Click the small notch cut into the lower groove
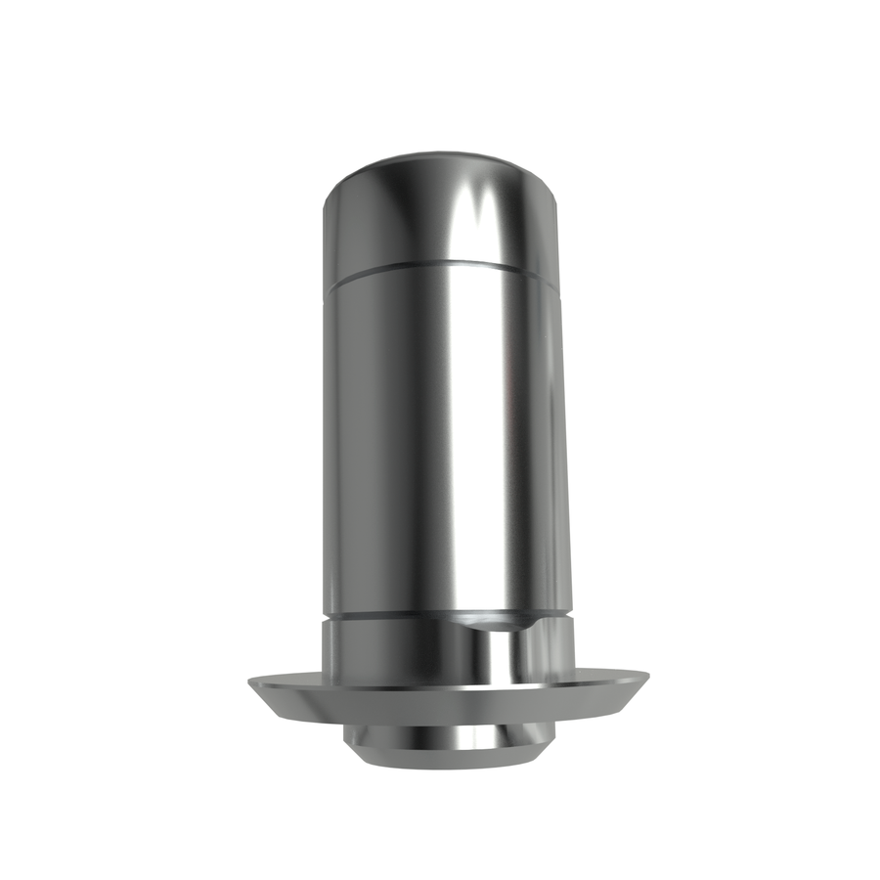click(x=494, y=620)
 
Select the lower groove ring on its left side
click(x=337, y=618)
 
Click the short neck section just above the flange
click(x=391, y=650)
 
